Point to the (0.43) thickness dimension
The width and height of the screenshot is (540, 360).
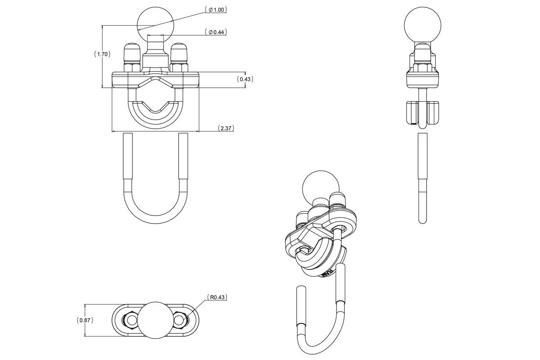click(x=245, y=79)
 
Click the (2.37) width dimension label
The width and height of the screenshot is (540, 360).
click(x=225, y=128)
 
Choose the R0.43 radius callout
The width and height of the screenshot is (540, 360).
click(x=217, y=297)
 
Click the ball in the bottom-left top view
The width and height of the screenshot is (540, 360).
click(x=155, y=320)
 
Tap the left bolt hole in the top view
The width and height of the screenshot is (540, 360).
click(x=130, y=320)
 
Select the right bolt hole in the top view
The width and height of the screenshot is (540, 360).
click(x=180, y=320)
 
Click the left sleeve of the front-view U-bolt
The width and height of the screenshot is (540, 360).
click(x=127, y=157)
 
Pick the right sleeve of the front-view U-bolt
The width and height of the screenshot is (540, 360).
click(x=183, y=157)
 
